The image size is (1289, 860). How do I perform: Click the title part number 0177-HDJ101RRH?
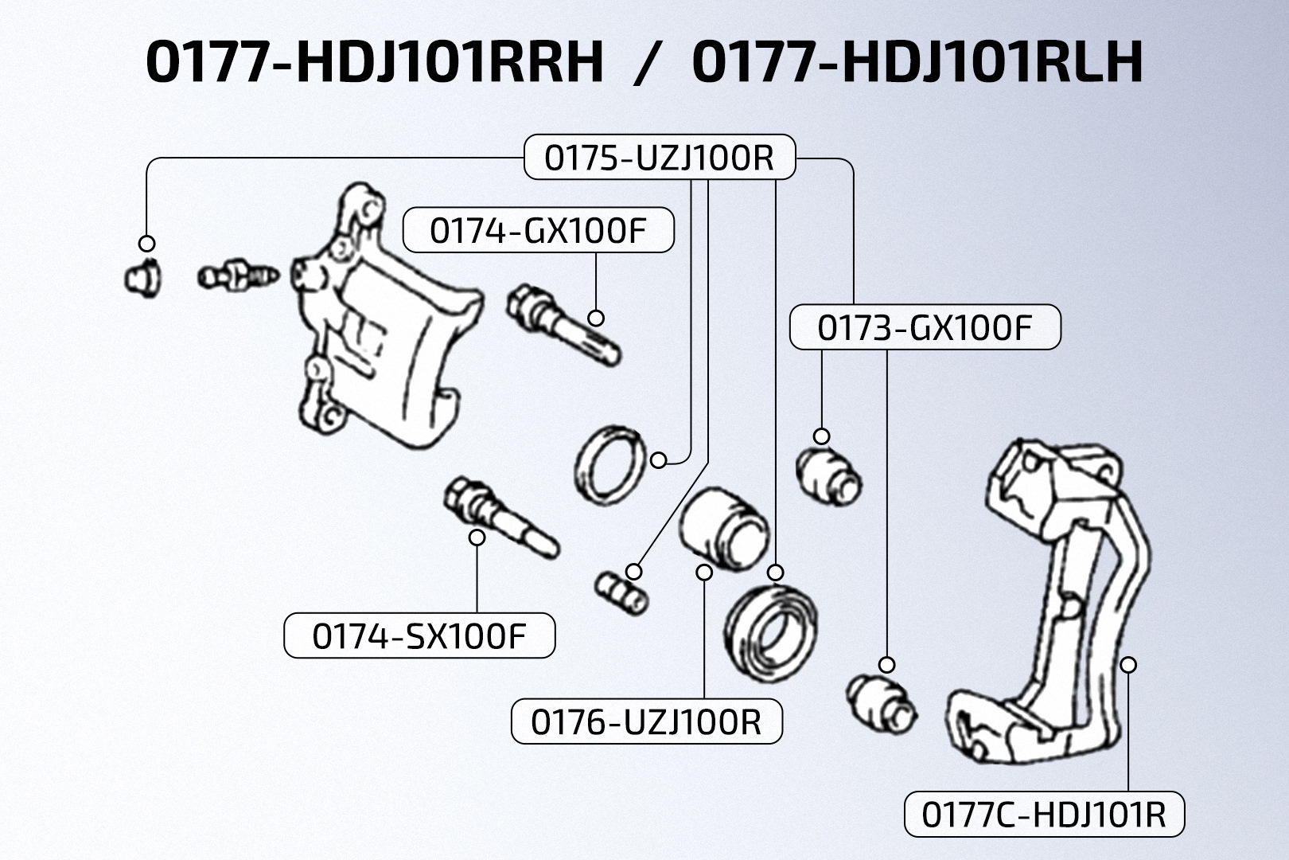(375, 61)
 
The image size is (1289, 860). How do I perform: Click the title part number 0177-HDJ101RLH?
(917, 61)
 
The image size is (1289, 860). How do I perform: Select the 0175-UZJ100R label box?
(660, 157)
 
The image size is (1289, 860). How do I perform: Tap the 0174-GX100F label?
(539, 230)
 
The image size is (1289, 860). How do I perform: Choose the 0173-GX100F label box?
(925, 327)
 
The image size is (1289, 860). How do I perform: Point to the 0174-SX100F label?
(419, 635)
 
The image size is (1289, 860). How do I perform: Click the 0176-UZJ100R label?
(647, 721)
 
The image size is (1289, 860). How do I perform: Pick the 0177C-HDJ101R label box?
(1045, 814)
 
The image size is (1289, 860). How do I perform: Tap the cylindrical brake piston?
(724, 528)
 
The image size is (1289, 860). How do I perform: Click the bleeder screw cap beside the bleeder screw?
(142, 279)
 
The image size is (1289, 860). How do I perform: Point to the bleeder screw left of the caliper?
(238, 276)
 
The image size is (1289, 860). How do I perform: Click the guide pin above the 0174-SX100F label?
(501, 518)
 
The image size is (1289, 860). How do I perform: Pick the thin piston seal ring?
(610, 466)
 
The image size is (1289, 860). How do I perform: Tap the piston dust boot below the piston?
(770, 633)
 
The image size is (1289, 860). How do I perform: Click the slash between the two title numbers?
(648, 64)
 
